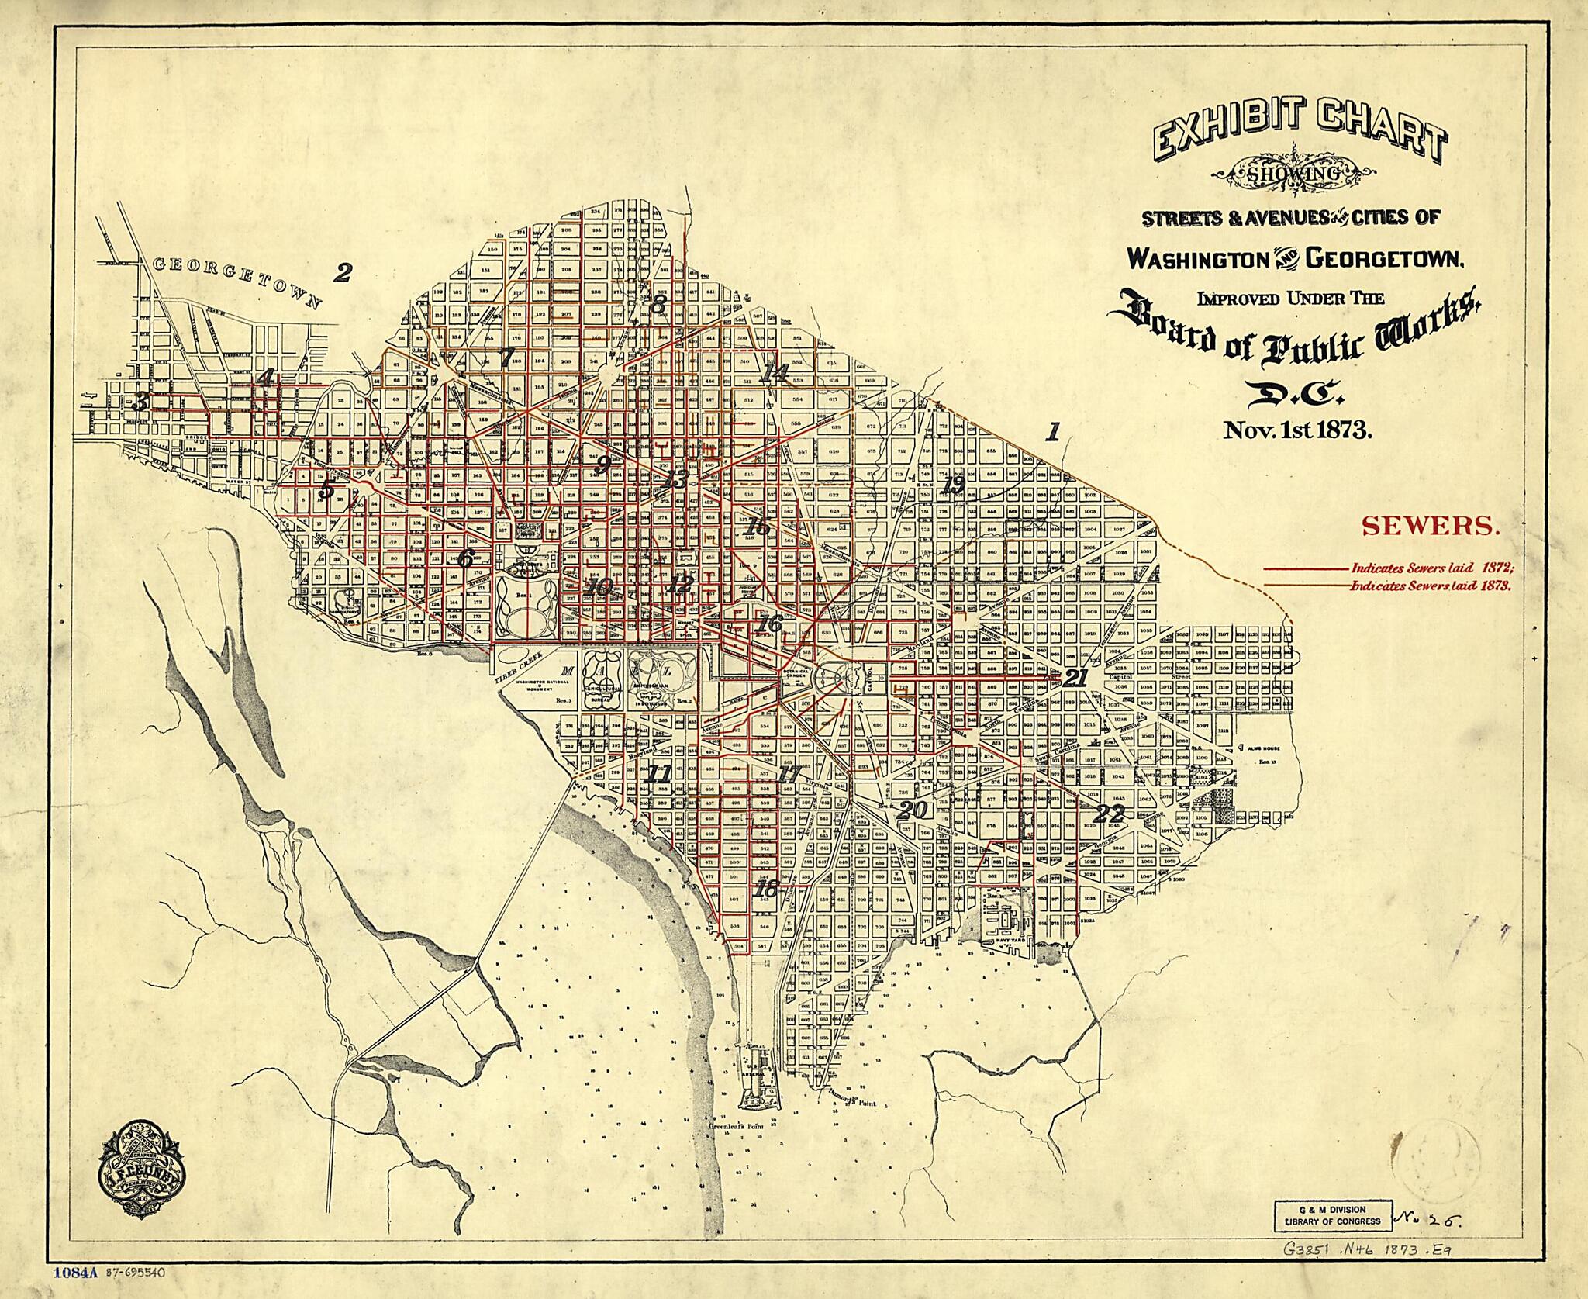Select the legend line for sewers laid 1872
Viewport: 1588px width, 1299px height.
(1306, 568)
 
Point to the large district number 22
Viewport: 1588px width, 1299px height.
(1110, 815)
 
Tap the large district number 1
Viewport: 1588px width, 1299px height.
(1052, 432)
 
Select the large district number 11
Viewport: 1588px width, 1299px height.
(659, 773)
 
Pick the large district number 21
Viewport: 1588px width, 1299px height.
(1075, 678)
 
